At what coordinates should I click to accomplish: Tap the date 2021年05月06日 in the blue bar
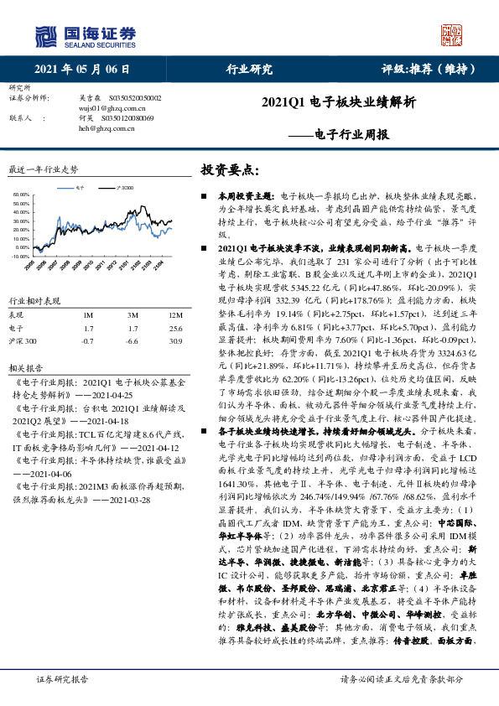[x=83, y=70]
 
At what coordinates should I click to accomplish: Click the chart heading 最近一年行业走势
[x=43, y=169]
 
